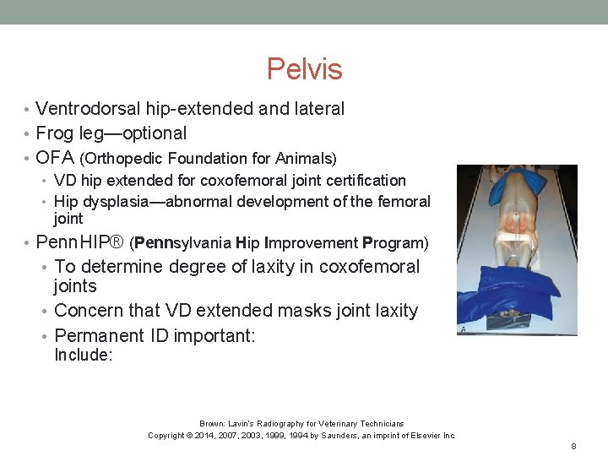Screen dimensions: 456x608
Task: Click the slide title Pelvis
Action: click(x=304, y=68)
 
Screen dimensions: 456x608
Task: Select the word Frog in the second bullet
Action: click(x=55, y=133)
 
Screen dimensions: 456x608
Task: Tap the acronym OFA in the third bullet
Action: click(x=56, y=158)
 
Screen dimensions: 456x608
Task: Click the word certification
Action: click(x=366, y=181)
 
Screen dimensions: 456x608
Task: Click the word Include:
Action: click(x=83, y=356)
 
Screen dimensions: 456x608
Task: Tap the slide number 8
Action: click(x=573, y=446)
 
